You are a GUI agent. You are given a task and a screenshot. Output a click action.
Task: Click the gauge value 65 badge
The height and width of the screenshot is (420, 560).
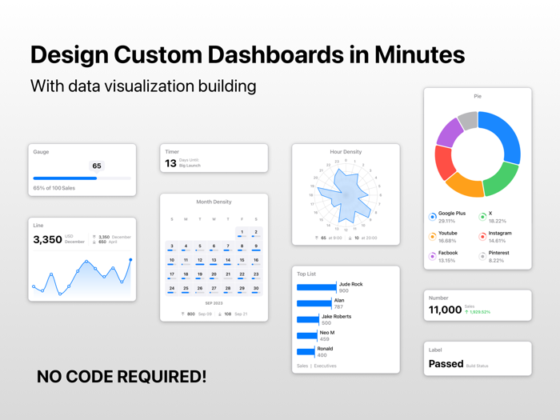click(x=97, y=166)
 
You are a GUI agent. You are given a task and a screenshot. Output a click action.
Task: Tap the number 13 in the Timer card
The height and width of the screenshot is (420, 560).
click(x=170, y=163)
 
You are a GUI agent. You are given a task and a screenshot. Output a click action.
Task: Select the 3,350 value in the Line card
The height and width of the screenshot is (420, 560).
click(x=47, y=239)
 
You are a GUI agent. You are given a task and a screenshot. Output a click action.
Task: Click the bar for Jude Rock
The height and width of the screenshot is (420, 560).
click(x=317, y=287)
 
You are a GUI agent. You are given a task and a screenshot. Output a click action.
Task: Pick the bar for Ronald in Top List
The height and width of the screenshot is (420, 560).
click(x=306, y=352)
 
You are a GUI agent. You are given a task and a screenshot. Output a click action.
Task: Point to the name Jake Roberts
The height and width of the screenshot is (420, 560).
click(x=336, y=317)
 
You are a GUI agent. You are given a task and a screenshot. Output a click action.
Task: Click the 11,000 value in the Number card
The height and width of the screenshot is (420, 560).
click(x=445, y=310)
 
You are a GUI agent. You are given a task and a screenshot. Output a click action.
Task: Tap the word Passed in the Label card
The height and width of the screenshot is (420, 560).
click(x=446, y=364)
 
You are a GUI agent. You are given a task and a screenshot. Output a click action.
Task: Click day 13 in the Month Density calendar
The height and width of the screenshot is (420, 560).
click(x=214, y=260)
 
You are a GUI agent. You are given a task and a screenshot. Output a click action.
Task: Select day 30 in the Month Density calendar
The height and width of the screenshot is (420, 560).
click(x=256, y=289)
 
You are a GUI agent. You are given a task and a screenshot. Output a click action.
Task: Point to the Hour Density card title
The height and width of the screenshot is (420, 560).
click(x=346, y=152)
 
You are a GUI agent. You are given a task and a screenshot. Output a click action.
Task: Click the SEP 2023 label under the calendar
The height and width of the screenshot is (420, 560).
click(x=214, y=303)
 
